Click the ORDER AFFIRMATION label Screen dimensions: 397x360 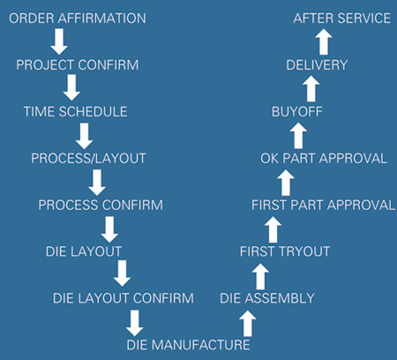(78, 19)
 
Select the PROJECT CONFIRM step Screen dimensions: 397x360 (78, 65)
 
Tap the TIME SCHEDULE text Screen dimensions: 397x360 (75, 112)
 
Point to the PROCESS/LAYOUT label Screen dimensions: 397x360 (88, 159)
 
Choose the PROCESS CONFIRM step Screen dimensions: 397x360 (101, 205)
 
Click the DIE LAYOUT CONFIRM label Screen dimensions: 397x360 (124, 298)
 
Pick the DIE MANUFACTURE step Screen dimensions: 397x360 (188, 345)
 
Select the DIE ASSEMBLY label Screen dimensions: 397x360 (267, 298)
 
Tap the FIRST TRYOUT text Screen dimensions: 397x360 (285, 251)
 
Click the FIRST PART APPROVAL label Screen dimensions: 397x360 (323, 205)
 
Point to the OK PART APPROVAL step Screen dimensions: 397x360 (324, 159)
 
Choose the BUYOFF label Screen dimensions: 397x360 (297, 112)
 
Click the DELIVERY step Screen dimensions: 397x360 (317, 65)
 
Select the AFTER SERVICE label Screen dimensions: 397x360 (342, 19)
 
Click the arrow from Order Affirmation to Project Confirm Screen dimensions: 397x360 (59, 41)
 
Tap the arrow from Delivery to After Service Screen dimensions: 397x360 (324, 41)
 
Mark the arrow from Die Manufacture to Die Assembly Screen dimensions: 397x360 (248, 324)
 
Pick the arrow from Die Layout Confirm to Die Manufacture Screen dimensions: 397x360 (135, 323)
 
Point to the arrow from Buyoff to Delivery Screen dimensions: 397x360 (311, 88)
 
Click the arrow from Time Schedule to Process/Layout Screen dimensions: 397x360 (85, 136)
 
